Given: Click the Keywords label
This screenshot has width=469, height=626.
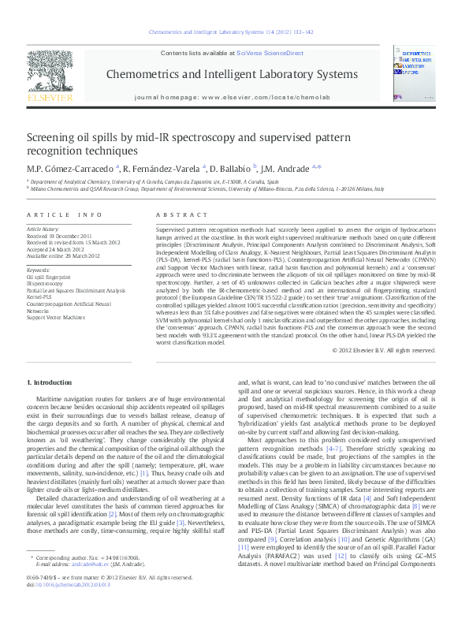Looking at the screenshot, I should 38,270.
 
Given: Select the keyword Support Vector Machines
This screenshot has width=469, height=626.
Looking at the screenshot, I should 55,317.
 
